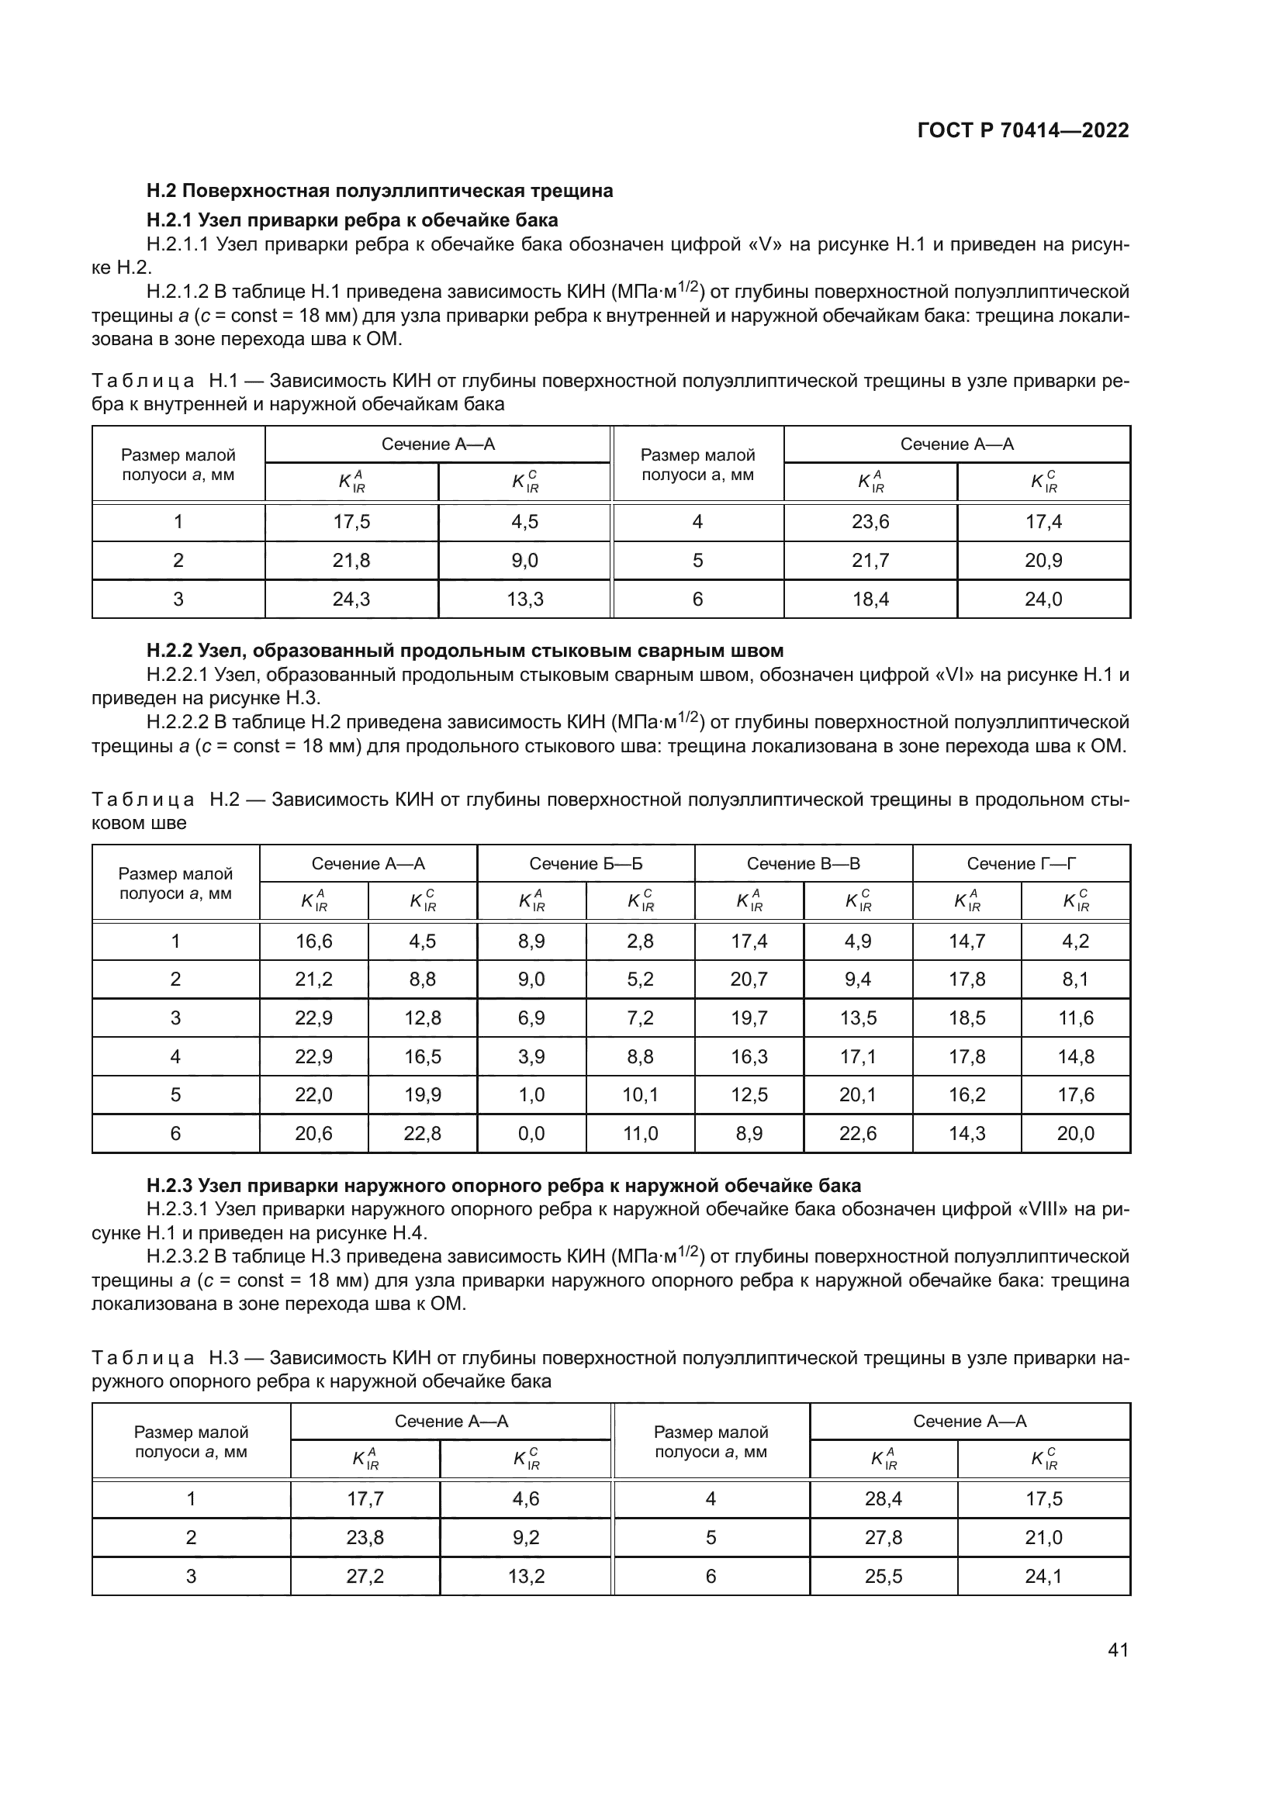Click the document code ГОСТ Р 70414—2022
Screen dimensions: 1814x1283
pyautogui.click(x=1023, y=131)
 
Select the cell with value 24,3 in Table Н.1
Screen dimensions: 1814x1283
pyautogui.click(x=351, y=599)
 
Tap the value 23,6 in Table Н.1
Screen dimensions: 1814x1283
pyautogui.click(x=870, y=522)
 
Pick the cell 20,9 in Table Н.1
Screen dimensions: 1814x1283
pyautogui.click(x=1043, y=561)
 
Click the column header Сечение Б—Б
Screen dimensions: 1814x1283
pyautogui.click(x=586, y=863)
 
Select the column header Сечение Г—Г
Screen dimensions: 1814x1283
pyautogui.click(x=1021, y=863)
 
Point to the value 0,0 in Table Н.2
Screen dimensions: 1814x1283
pyautogui.click(x=531, y=1134)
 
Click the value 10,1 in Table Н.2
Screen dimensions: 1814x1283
pyautogui.click(x=640, y=1095)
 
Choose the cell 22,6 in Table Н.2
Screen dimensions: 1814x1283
pyautogui.click(x=858, y=1134)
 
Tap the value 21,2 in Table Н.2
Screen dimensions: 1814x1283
pyautogui.click(x=313, y=980)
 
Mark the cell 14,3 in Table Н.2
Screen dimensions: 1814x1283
pyautogui.click(x=967, y=1134)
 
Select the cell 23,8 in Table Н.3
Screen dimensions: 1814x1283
pyautogui.click(x=365, y=1537)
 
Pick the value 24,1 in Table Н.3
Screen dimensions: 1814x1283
pyautogui.click(x=1043, y=1576)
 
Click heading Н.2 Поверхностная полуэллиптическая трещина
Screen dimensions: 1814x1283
pyautogui.click(x=379, y=192)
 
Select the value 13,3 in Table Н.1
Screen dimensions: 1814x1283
pyautogui.click(x=524, y=599)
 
